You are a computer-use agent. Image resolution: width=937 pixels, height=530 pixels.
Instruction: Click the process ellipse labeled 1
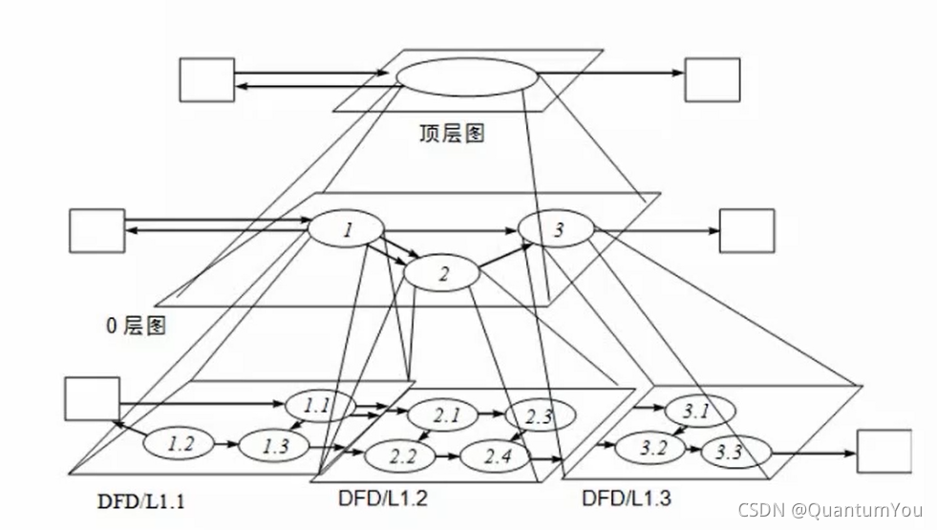click(x=346, y=229)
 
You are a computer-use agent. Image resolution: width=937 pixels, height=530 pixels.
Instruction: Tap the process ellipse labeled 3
click(x=557, y=229)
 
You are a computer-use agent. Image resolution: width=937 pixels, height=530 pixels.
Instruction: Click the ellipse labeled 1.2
click(x=180, y=443)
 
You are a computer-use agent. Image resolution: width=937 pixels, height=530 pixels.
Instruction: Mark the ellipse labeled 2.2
click(x=403, y=456)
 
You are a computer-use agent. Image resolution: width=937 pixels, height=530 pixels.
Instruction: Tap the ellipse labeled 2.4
click(x=498, y=456)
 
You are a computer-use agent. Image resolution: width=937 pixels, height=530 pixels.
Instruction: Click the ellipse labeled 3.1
click(x=697, y=412)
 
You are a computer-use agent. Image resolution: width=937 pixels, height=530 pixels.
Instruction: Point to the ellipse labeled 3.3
click(x=729, y=452)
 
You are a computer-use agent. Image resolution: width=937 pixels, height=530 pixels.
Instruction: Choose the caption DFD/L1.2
click(x=382, y=498)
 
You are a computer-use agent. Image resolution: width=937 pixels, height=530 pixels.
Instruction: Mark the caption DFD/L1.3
click(x=626, y=498)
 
